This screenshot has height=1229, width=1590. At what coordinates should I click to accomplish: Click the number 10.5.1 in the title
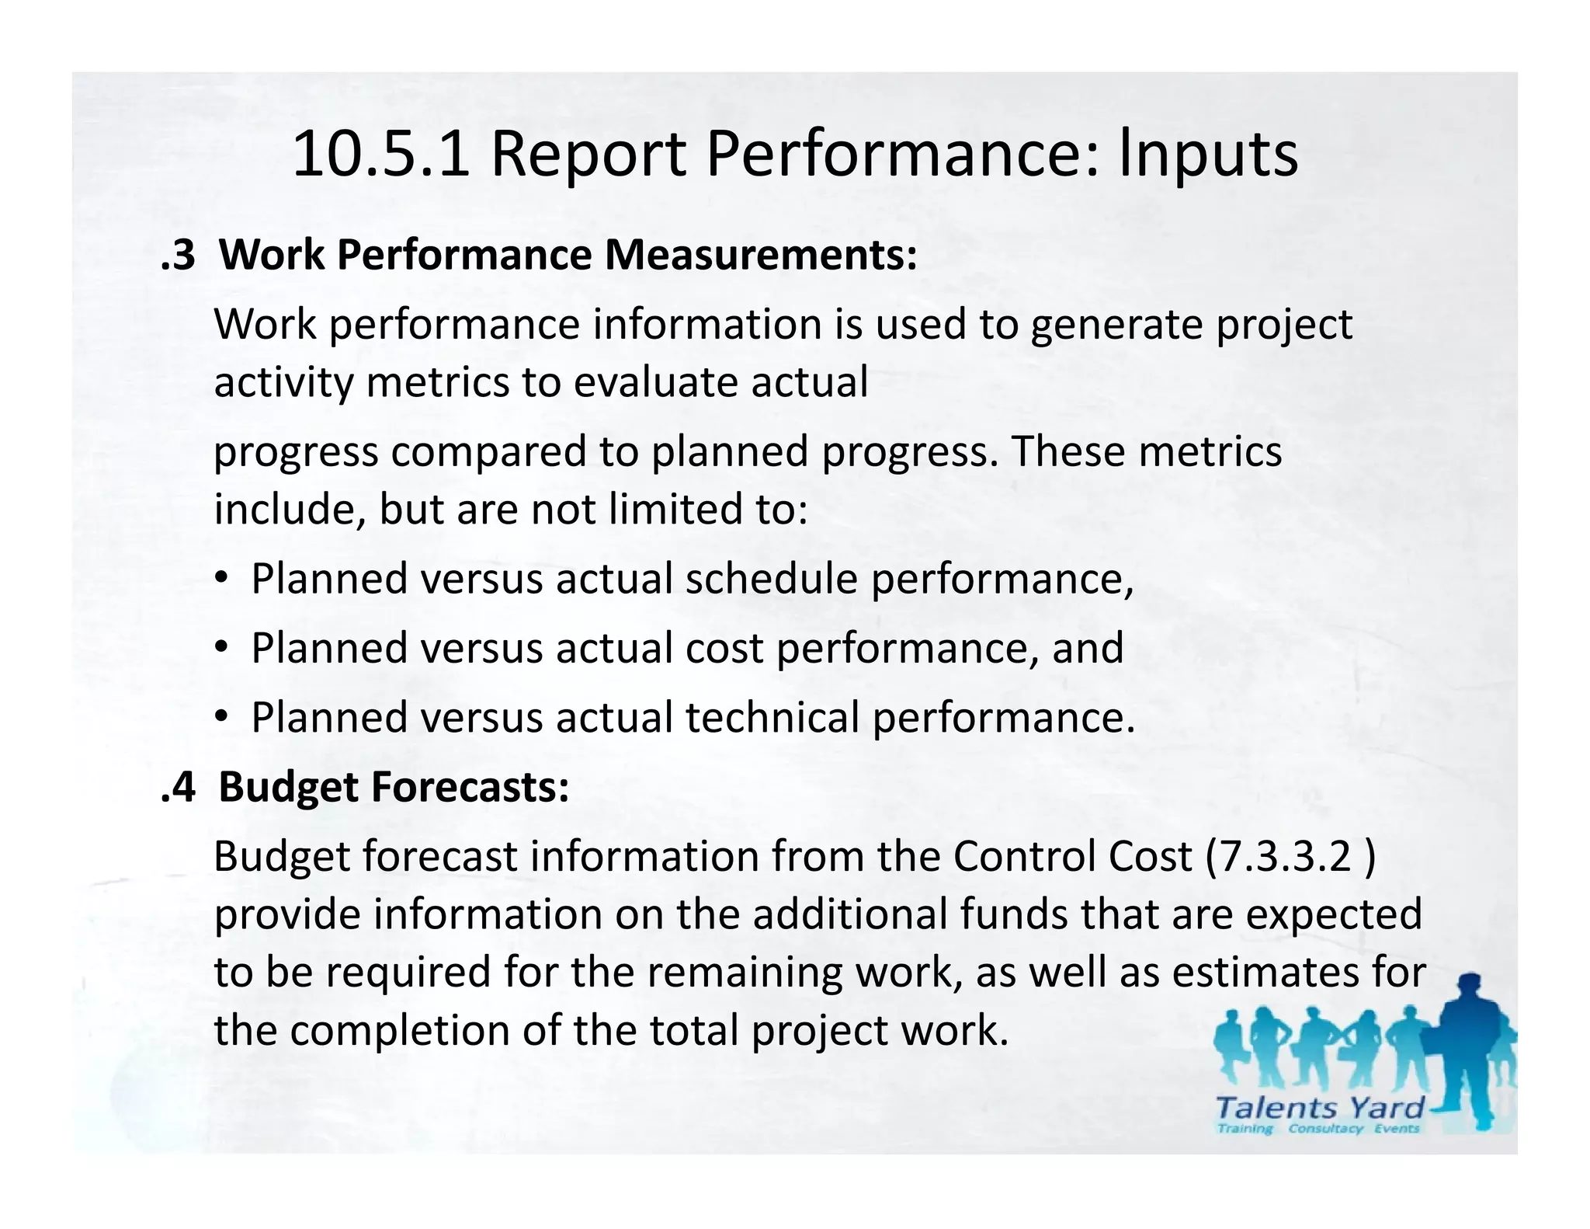pos(380,154)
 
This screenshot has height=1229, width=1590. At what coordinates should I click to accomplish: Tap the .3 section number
pos(178,255)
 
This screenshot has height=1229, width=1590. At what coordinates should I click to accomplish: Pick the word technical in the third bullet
pos(772,717)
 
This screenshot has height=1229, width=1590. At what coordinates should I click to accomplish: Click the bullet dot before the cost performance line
pos(221,648)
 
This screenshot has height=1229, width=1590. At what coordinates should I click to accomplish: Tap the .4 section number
pos(178,787)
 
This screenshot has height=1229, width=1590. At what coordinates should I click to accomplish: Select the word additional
pos(849,914)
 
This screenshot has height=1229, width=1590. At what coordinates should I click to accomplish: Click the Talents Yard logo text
pos(1320,1108)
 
